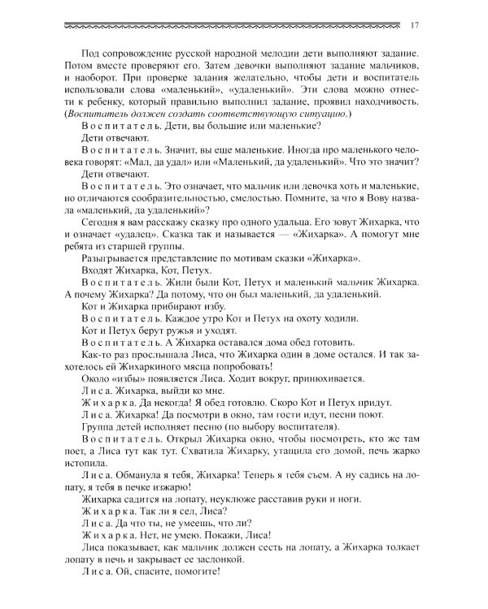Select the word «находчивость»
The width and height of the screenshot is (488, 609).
pyautogui.click(x=382, y=104)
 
